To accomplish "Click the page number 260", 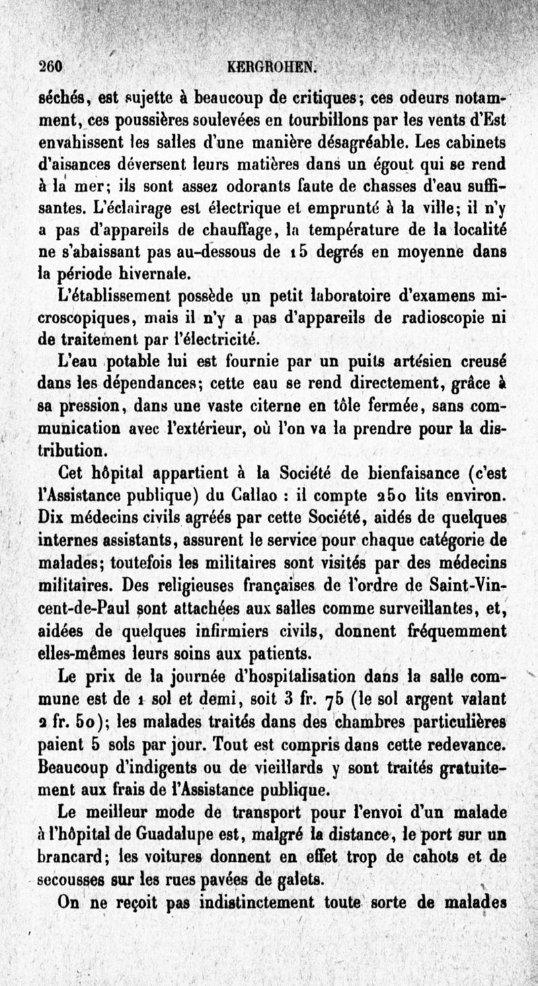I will click(50, 67).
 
